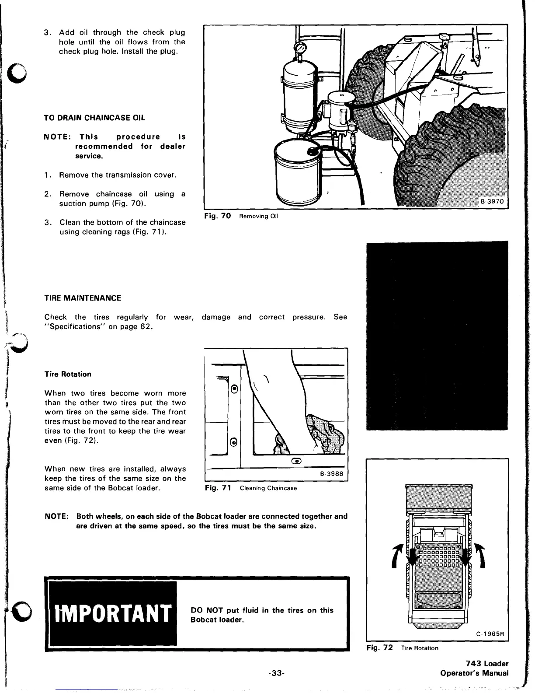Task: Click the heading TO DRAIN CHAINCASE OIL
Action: tap(94, 118)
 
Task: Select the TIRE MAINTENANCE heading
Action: tap(83, 298)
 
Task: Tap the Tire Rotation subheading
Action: tap(68, 374)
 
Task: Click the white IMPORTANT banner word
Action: tap(111, 613)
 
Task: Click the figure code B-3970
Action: tap(492, 202)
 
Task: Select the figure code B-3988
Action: tap(331, 474)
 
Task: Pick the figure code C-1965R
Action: tap(490, 634)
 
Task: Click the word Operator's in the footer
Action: tap(463, 673)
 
